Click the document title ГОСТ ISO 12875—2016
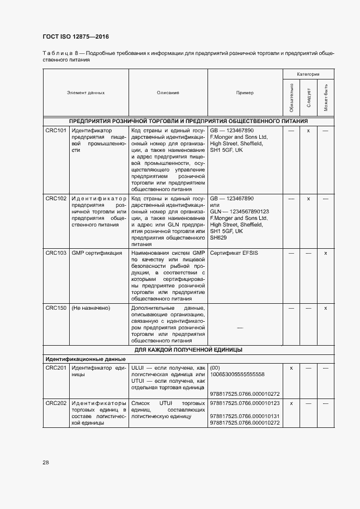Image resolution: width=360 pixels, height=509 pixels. coord(75,36)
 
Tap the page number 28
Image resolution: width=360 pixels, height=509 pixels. coord(46,462)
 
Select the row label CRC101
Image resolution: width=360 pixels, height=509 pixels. coord(56,131)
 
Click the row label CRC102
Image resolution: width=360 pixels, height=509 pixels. coord(56,199)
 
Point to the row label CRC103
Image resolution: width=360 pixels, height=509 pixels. coord(56,253)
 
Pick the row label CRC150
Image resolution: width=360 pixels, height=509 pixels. coord(56,308)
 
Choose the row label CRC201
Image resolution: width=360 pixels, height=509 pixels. coord(56,368)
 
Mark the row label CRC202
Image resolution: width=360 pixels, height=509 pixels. coord(56,403)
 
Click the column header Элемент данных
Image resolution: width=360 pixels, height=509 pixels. coord(86,93)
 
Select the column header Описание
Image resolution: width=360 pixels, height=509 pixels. coord(168,93)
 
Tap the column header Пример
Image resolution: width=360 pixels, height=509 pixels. coord(245,93)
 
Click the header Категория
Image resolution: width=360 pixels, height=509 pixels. coord(308,73)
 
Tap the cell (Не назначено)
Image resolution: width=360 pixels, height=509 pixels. coord(91,308)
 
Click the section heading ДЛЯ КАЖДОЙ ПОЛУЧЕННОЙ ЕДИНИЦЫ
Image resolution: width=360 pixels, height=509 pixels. coord(188,349)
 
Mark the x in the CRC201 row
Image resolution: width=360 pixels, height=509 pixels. coord(291,368)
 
